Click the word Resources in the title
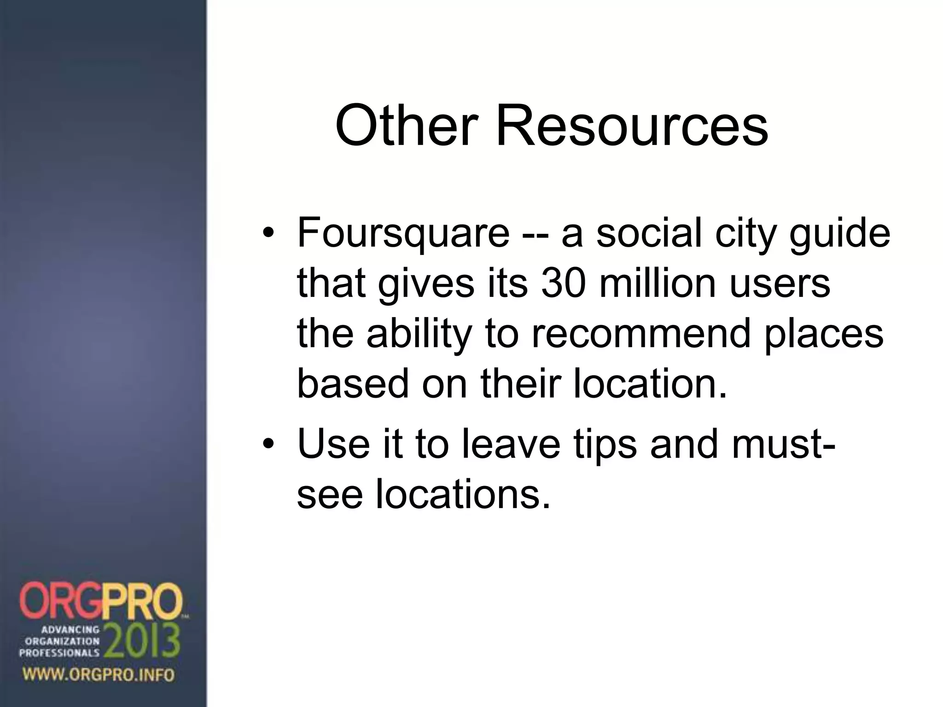631,126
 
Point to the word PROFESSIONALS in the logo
59,653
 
